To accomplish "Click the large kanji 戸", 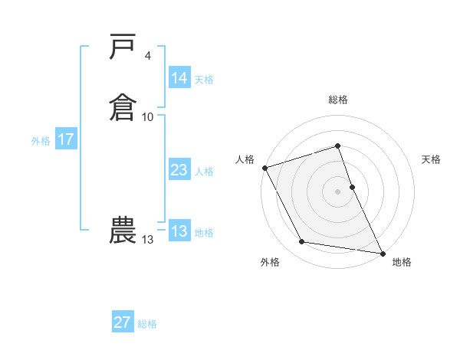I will click(x=123, y=47).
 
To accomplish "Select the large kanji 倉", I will click(x=123, y=107).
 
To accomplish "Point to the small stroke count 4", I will click(x=147, y=56).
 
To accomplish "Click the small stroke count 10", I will click(x=148, y=116).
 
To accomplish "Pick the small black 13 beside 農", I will click(x=148, y=240).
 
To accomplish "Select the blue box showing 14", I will click(x=179, y=78).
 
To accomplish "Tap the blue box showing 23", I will click(x=179, y=171).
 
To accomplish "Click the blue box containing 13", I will click(x=179, y=232).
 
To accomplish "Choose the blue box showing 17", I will click(x=65, y=140).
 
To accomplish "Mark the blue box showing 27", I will click(x=122, y=322).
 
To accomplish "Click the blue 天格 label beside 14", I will click(x=204, y=79).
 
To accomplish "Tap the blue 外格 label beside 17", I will click(x=41, y=141).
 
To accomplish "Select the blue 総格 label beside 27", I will click(x=147, y=324).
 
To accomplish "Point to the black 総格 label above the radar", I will click(x=338, y=100).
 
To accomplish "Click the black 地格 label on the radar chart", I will click(x=402, y=263).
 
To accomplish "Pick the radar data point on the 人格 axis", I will click(x=264, y=168).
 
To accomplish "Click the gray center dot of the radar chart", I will click(x=337, y=191).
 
